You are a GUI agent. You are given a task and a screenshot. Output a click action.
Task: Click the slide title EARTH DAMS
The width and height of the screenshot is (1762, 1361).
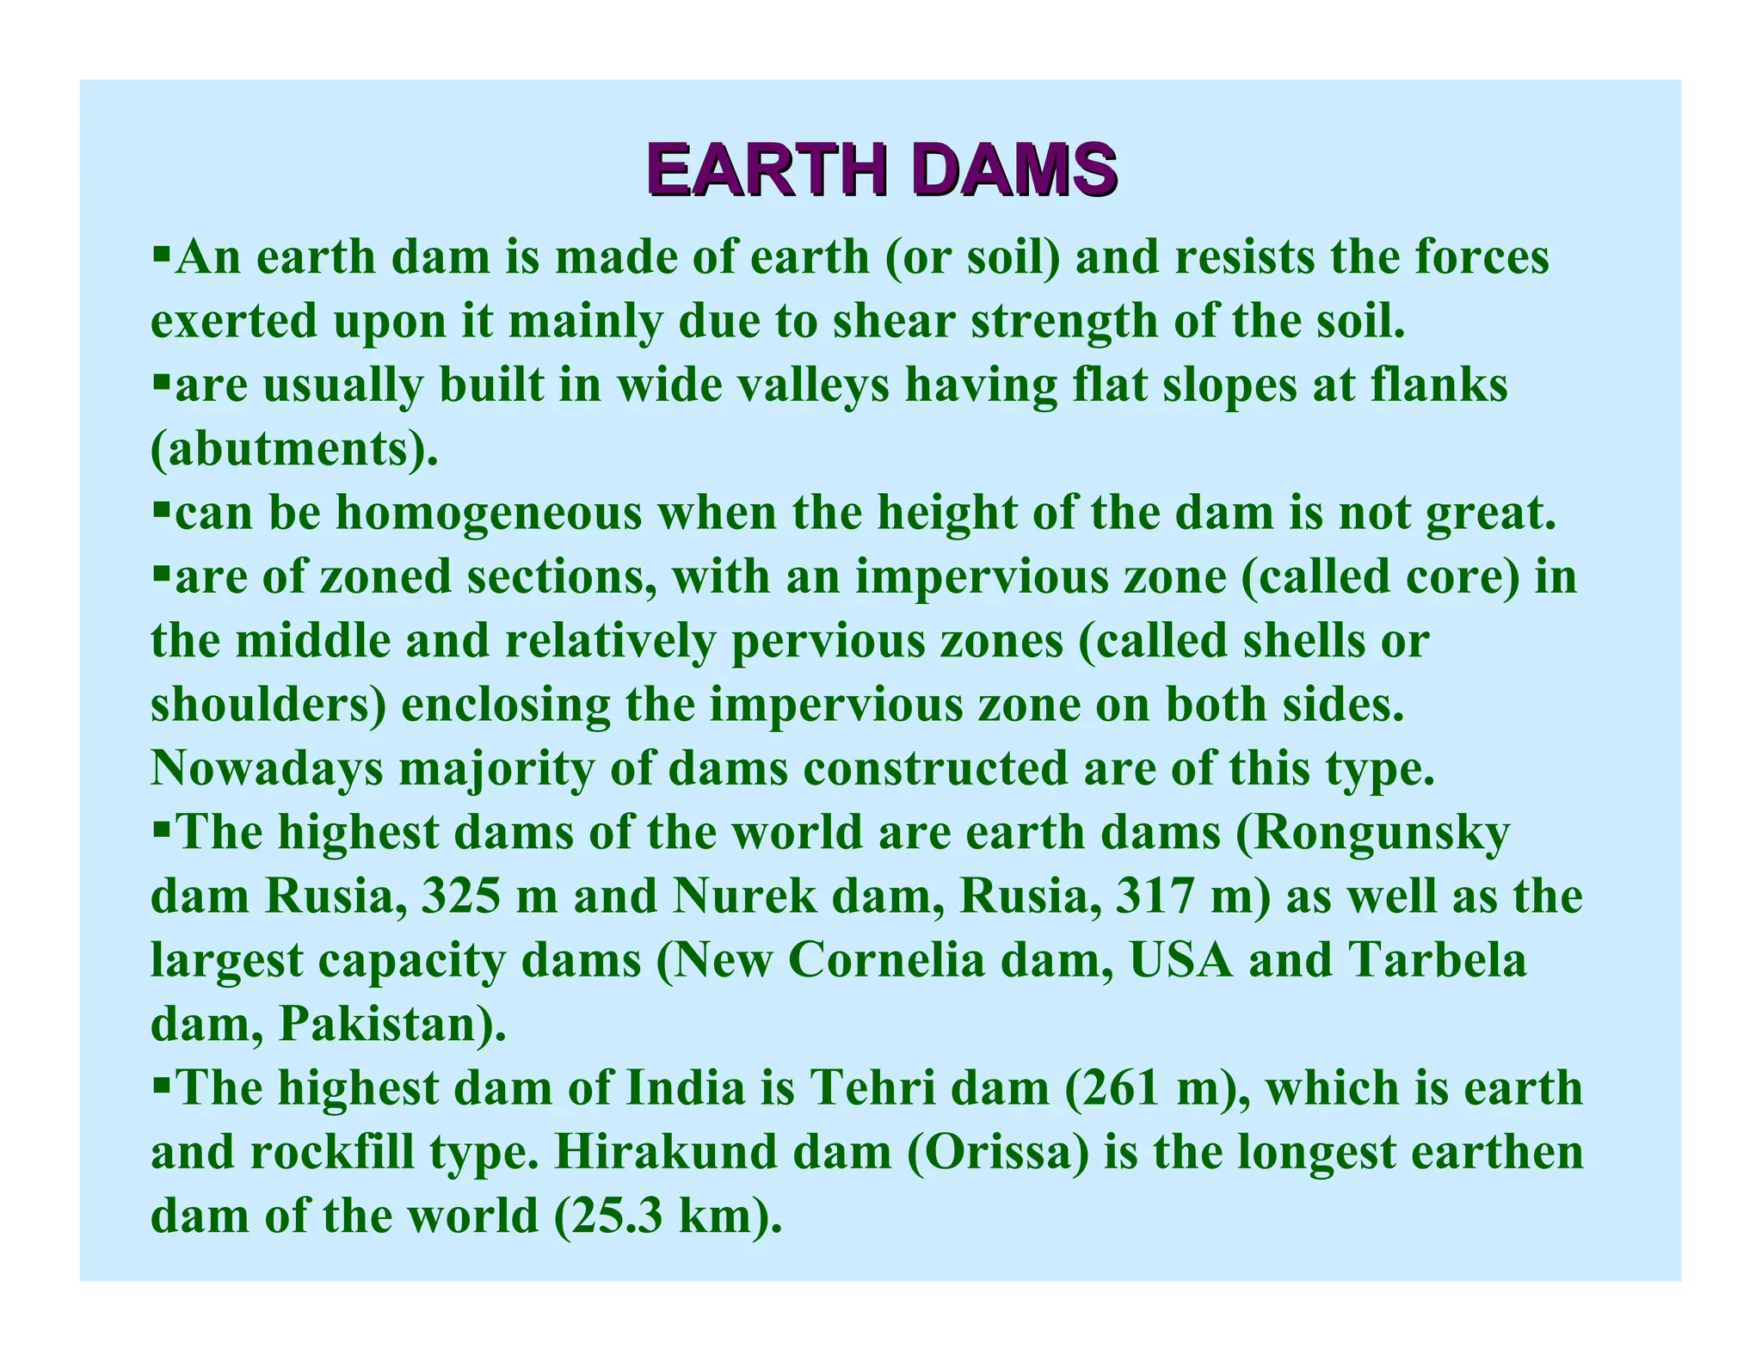pyautogui.click(x=882, y=170)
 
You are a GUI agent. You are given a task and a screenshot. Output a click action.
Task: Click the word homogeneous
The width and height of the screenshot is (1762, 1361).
pyautogui.click(x=489, y=513)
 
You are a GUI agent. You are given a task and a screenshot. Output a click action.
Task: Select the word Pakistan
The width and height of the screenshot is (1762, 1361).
pyautogui.click(x=385, y=1024)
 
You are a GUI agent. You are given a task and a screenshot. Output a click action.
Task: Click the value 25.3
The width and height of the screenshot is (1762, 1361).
pyautogui.click(x=613, y=1216)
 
